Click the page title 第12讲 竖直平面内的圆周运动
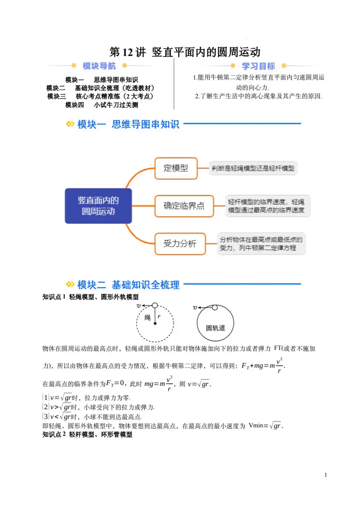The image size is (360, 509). (x=185, y=52)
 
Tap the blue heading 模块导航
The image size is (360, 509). (x=99, y=66)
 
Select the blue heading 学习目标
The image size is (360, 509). (x=258, y=66)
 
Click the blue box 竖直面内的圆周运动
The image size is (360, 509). (x=98, y=206)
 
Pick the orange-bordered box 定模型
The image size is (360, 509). (x=176, y=168)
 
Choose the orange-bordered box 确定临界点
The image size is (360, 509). (x=184, y=206)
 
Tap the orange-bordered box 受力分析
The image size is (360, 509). (x=180, y=244)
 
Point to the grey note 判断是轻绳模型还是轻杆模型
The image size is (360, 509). (x=253, y=168)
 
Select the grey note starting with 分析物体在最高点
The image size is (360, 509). (x=261, y=244)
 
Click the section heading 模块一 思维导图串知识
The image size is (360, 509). (x=128, y=124)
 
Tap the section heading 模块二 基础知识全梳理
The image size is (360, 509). (x=128, y=285)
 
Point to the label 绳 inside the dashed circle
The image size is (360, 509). (x=148, y=317)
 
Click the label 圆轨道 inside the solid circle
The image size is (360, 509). (x=215, y=328)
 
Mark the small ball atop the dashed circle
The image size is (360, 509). (x=155, y=306)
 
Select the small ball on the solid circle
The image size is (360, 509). (x=215, y=307)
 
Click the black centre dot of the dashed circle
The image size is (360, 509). (x=155, y=324)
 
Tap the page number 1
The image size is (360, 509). (x=326, y=475)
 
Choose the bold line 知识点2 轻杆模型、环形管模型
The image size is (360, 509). (x=87, y=434)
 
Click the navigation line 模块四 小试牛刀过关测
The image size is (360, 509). (x=102, y=105)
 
